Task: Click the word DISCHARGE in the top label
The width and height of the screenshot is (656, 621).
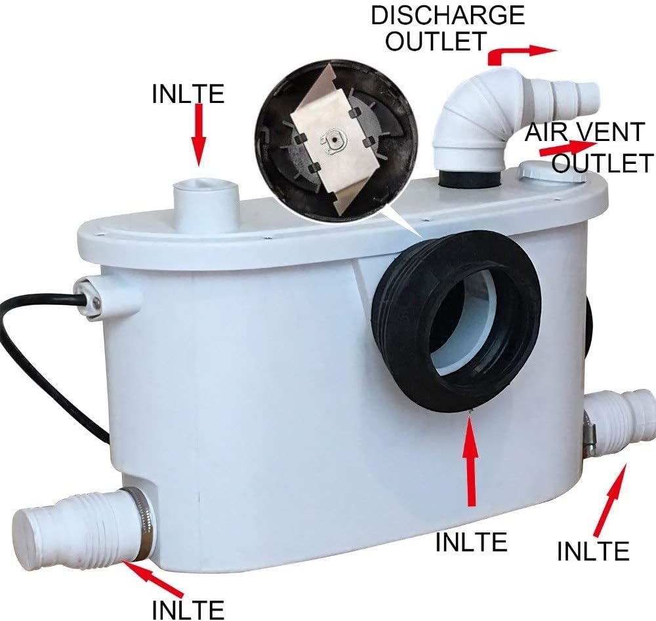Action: [x=447, y=15]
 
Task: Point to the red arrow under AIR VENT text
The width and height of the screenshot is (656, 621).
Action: [x=568, y=148]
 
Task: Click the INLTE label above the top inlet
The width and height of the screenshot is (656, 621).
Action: [x=188, y=94]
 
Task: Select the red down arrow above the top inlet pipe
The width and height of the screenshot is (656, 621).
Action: [x=199, y=135]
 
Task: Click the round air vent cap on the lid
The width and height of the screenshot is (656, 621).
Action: [x=552, y=172]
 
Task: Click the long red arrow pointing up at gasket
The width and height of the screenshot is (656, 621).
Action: [x=472, y=459]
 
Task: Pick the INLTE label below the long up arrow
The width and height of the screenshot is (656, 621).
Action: [x=472, y=542]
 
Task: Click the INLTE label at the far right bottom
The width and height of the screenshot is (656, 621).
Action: [x=593, y=551]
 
